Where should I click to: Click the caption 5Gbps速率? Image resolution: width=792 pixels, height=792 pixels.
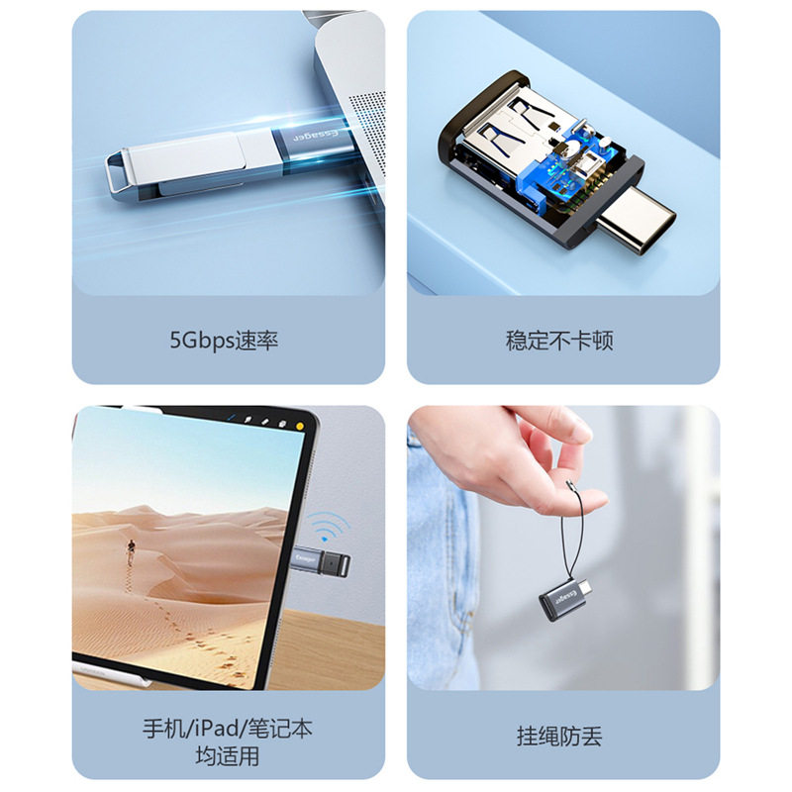(x=224, y=341)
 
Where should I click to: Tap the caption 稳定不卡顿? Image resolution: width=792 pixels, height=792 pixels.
(x=559, y=341)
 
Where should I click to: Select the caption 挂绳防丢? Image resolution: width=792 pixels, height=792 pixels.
(x=559, y=737)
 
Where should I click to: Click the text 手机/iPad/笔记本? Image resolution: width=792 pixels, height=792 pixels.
(x=228, y=729)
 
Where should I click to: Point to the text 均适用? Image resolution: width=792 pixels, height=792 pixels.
(x=228, y=756)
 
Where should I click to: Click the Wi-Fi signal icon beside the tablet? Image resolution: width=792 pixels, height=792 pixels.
(x=328, y=528)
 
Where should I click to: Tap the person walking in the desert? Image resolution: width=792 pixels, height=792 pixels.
(x=131, y=551)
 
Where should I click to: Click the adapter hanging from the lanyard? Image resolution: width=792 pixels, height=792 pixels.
(x=565, y=598)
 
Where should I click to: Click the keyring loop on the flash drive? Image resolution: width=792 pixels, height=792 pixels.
(x=119, y=170)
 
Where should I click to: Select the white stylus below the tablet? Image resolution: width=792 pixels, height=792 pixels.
(x=112, y=675)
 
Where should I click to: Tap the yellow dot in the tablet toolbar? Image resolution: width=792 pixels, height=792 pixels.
(x=300, y=427)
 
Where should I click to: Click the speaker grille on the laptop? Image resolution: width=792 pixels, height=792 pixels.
(x=367, y=133)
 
